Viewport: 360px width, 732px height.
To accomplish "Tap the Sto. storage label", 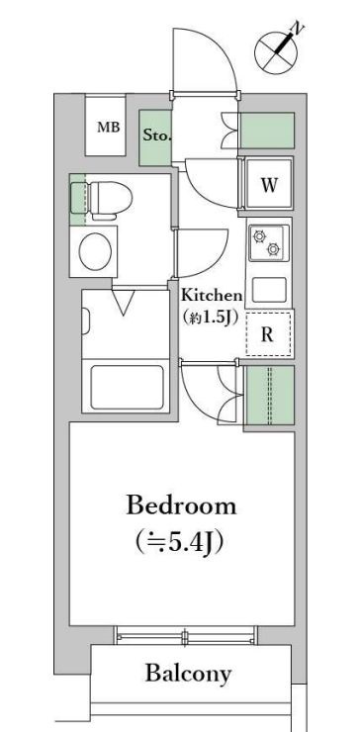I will (x=154, y=135).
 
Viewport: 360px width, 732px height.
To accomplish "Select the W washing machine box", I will (x=268, y=185).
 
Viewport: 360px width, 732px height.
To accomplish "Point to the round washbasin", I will (x=96, y=251).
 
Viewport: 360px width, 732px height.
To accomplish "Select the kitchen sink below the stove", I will (x=268, y=289).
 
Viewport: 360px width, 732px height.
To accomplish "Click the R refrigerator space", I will (x=268, y=334).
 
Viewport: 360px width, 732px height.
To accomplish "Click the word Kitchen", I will (x=211, y=295).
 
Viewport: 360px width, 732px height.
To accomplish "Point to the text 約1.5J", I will (x=211, y=317).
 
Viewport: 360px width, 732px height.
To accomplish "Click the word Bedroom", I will (x=181, y=506).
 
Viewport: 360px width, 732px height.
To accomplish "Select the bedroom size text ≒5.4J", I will (x=181, y=542).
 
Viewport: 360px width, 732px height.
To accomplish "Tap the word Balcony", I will (x=188, y=675).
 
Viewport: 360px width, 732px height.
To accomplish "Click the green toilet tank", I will (x=78, y=195).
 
